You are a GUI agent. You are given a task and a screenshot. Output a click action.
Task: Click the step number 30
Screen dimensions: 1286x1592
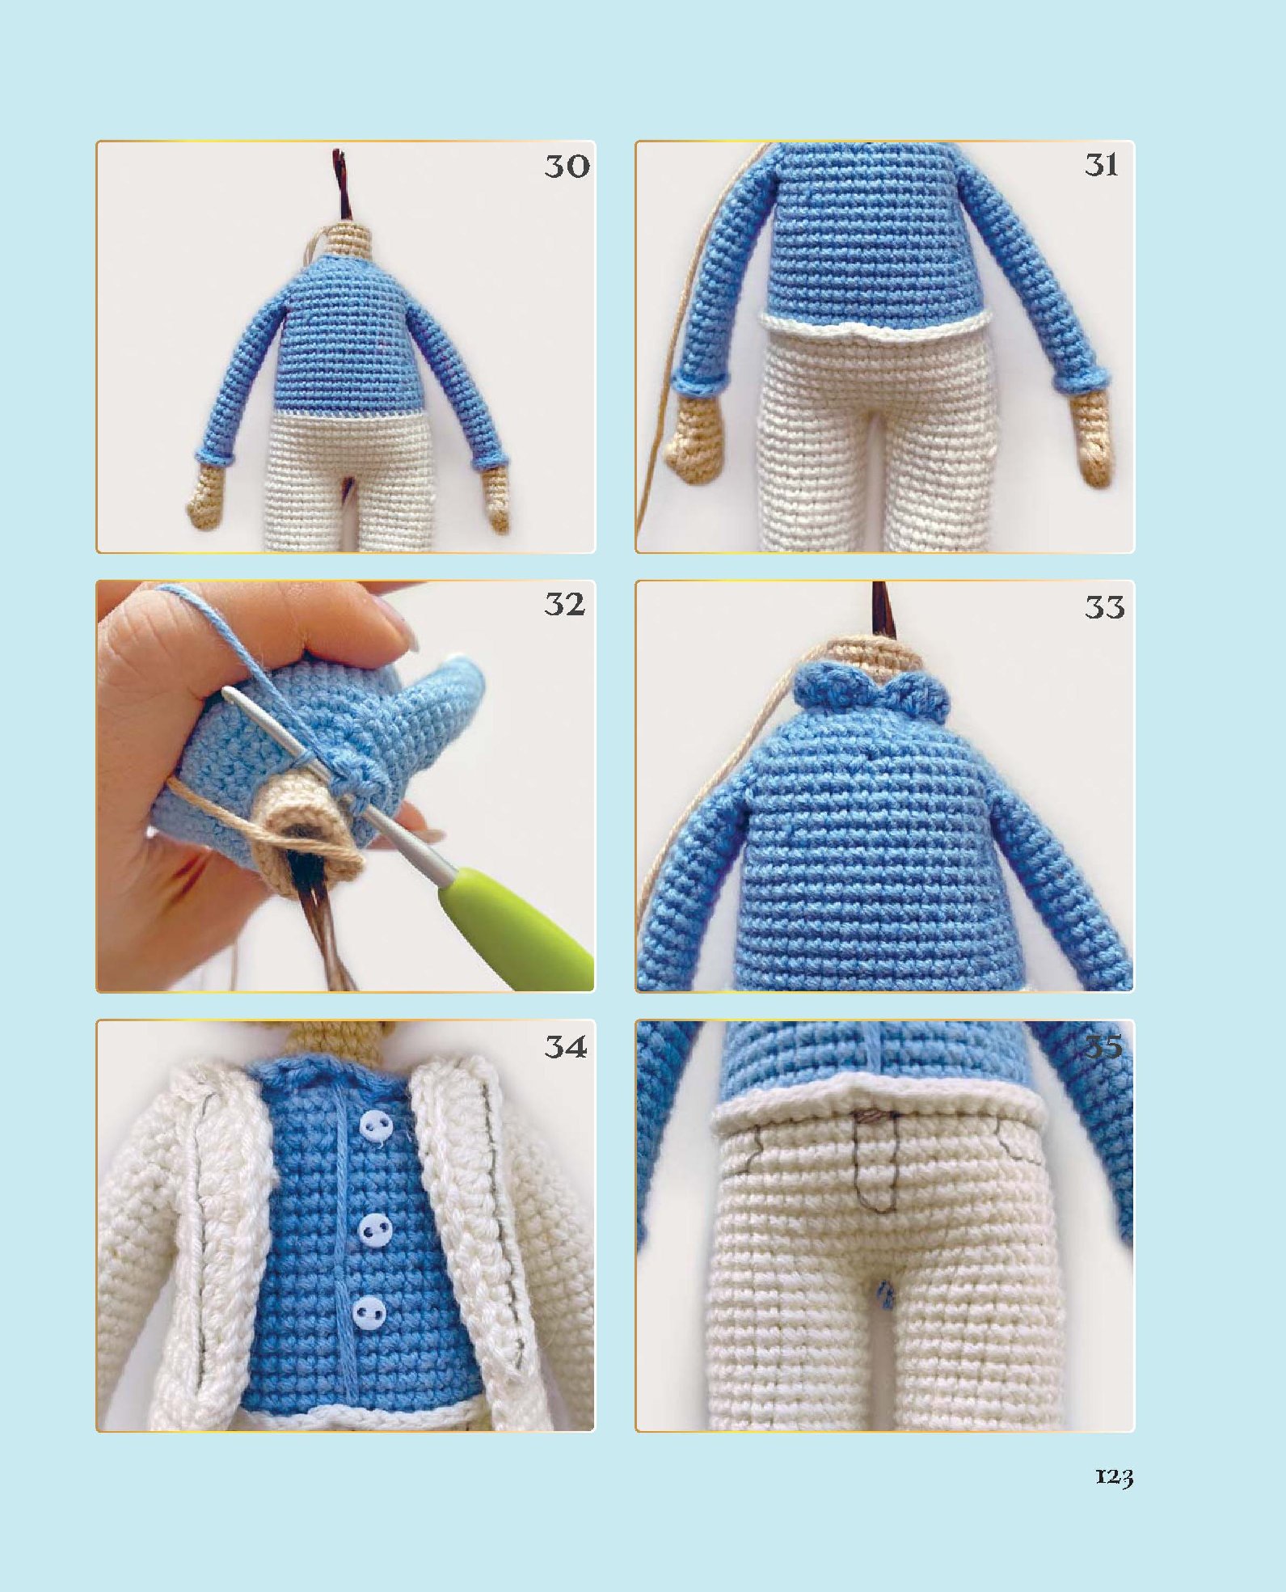567,166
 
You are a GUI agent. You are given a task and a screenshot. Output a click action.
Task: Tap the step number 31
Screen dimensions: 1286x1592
1102,165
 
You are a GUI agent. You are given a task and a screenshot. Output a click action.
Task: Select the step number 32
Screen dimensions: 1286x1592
564,604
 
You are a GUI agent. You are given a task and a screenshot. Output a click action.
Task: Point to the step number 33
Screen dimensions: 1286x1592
1104,606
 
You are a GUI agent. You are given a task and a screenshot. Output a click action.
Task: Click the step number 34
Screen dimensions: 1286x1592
565,1046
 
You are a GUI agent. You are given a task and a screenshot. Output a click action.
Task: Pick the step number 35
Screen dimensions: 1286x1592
1103,1048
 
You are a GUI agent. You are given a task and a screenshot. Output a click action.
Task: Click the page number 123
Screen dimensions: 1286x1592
1114,1476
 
